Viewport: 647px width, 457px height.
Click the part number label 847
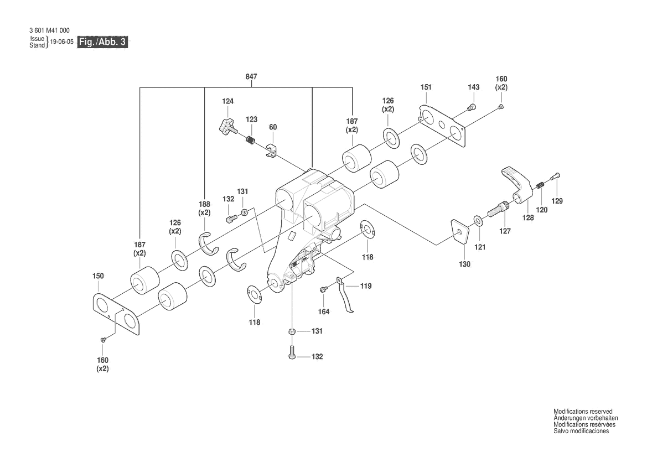click(x=251, y=77)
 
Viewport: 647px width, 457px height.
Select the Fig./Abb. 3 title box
click(x=103, y=42)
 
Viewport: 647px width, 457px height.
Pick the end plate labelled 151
click(x=442, y=124)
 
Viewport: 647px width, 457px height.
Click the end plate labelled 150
click(x=117, y=314)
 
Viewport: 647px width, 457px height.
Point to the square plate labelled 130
click(x=459, y=232)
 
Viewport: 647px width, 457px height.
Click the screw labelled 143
click(x=472, y=107)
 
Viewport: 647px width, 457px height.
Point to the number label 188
click(x=205, y=204)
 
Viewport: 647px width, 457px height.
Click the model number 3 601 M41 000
click(x=49, y=30)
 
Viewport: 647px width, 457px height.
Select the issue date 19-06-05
click(x=61, y=42)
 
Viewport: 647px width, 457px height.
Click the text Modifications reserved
click(x=583, y=412)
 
